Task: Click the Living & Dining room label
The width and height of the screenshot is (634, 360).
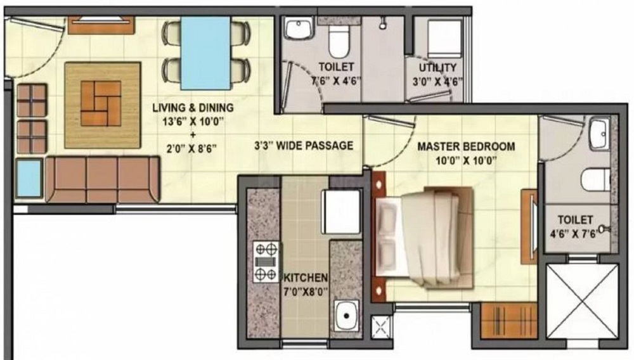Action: coord(193,107)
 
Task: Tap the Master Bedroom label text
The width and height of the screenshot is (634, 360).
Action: coord(466,146)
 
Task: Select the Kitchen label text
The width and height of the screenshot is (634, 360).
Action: coord(306,278)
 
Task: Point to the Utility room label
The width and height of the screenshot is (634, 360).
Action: coord(437,67)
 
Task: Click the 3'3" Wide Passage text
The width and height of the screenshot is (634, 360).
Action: coord(304,145)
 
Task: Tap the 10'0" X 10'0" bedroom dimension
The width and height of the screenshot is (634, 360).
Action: coord(466,160)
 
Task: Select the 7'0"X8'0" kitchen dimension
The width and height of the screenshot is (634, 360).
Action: coord(305,293)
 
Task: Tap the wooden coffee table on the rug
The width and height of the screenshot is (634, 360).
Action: coord(102,105)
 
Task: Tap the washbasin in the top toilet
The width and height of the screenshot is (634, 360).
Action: coord(296,29)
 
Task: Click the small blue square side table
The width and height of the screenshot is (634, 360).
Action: coord(29,178)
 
